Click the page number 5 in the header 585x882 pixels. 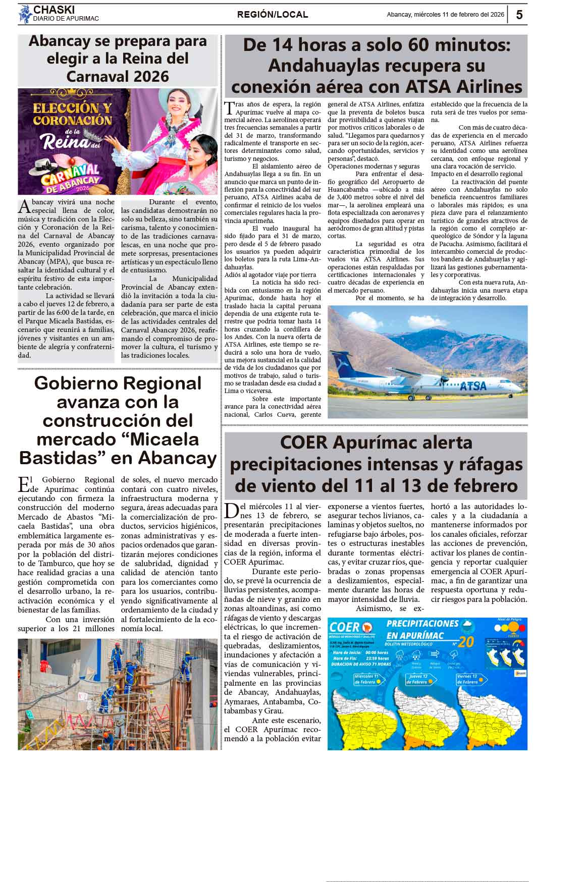[519, 15]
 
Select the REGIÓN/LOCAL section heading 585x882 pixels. [273, 15]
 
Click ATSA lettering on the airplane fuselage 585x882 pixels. [473, 386]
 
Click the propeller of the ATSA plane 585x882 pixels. [443, 379]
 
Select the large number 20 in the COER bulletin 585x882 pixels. [466, 641]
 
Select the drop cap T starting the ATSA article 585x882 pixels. [229, 108]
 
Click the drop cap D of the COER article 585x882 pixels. [232, 511]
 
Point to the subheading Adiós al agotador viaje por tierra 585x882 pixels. [271, 275]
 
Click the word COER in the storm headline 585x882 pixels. [304, 443]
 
